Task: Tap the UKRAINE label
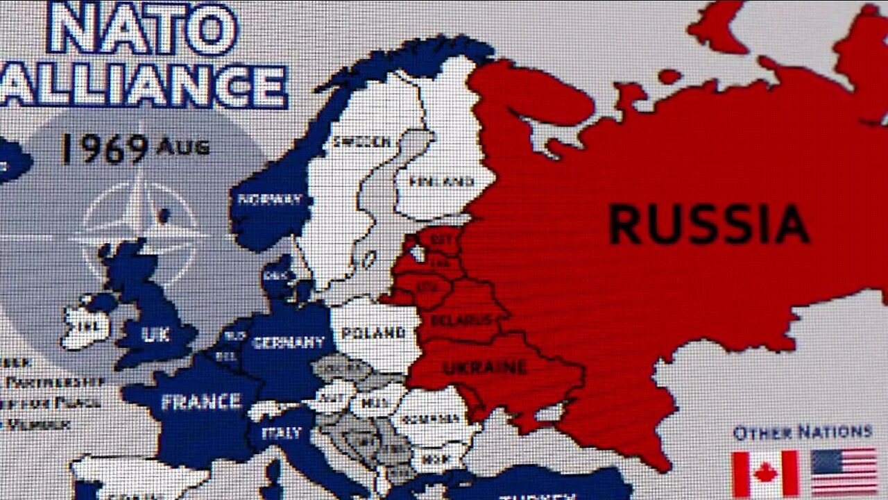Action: coord(485,367)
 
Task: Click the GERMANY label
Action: coord(289,342)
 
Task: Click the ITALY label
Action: coord(282,432)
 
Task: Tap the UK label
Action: coord(155,334)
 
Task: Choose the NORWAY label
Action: coord(270,200)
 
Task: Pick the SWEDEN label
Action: coord(361,142)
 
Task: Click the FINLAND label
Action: coord(442,182)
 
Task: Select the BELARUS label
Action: coord(461,319)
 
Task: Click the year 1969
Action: coord(104,147)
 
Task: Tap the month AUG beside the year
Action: coord(183,147)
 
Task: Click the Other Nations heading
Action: coord(802,432)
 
